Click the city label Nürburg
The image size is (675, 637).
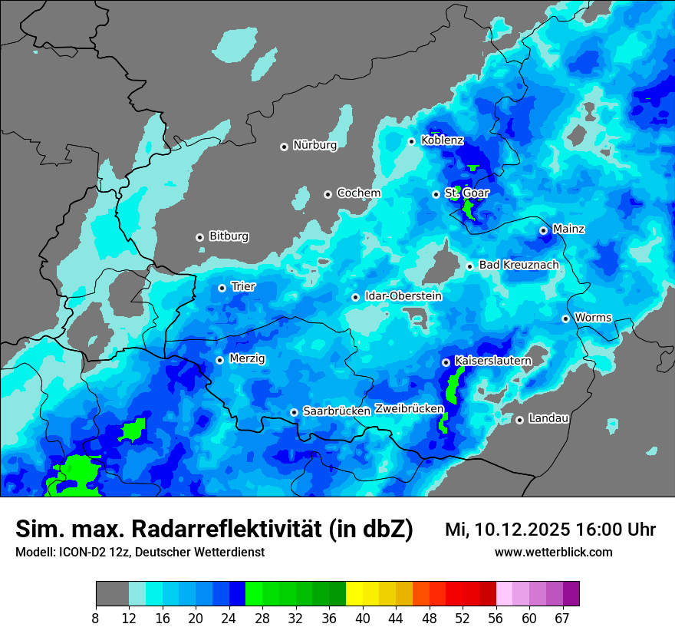[314, 145]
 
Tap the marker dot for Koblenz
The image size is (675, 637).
[412, 141]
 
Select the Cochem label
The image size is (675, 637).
[358, 193]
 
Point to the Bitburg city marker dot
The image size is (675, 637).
[199, 237]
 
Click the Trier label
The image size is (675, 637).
[243, 287]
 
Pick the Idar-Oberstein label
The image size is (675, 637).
[403, 296]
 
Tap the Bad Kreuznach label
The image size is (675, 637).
[519, 265]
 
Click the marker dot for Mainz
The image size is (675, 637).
[543, 230]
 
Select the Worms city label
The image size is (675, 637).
[593, 318]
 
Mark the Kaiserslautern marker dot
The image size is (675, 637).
[446, 362]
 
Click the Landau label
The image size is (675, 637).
[548, 418]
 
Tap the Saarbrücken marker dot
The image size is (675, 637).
[294, 412]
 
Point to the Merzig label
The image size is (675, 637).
[247, 358]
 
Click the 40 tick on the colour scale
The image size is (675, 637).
[362, 618]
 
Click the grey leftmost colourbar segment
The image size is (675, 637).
[112, 594]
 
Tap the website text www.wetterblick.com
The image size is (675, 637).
[553, 553]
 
